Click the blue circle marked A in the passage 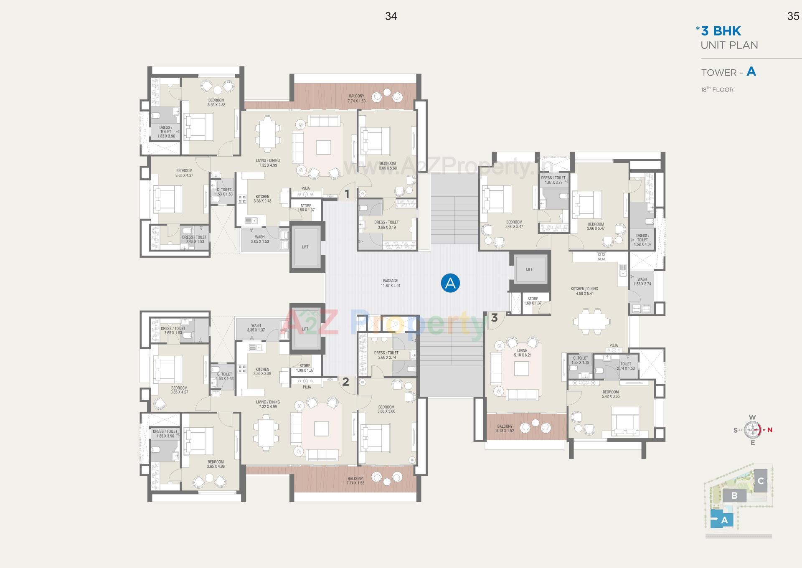450,283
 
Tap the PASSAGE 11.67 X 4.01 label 390,283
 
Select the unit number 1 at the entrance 347,194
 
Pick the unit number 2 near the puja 345,381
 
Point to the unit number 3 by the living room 494,318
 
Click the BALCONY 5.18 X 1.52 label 505,429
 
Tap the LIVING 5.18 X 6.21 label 522,353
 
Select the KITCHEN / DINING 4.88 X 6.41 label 584,291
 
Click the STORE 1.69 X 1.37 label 533,301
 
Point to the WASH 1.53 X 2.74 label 642,281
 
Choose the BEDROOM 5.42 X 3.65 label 610,394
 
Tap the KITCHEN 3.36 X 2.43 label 262,199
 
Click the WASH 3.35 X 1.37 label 256,327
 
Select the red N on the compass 769,430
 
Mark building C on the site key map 761,481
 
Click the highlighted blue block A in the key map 724,520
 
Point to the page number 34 391,16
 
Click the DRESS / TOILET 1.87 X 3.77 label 553,180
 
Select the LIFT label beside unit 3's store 529,269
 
